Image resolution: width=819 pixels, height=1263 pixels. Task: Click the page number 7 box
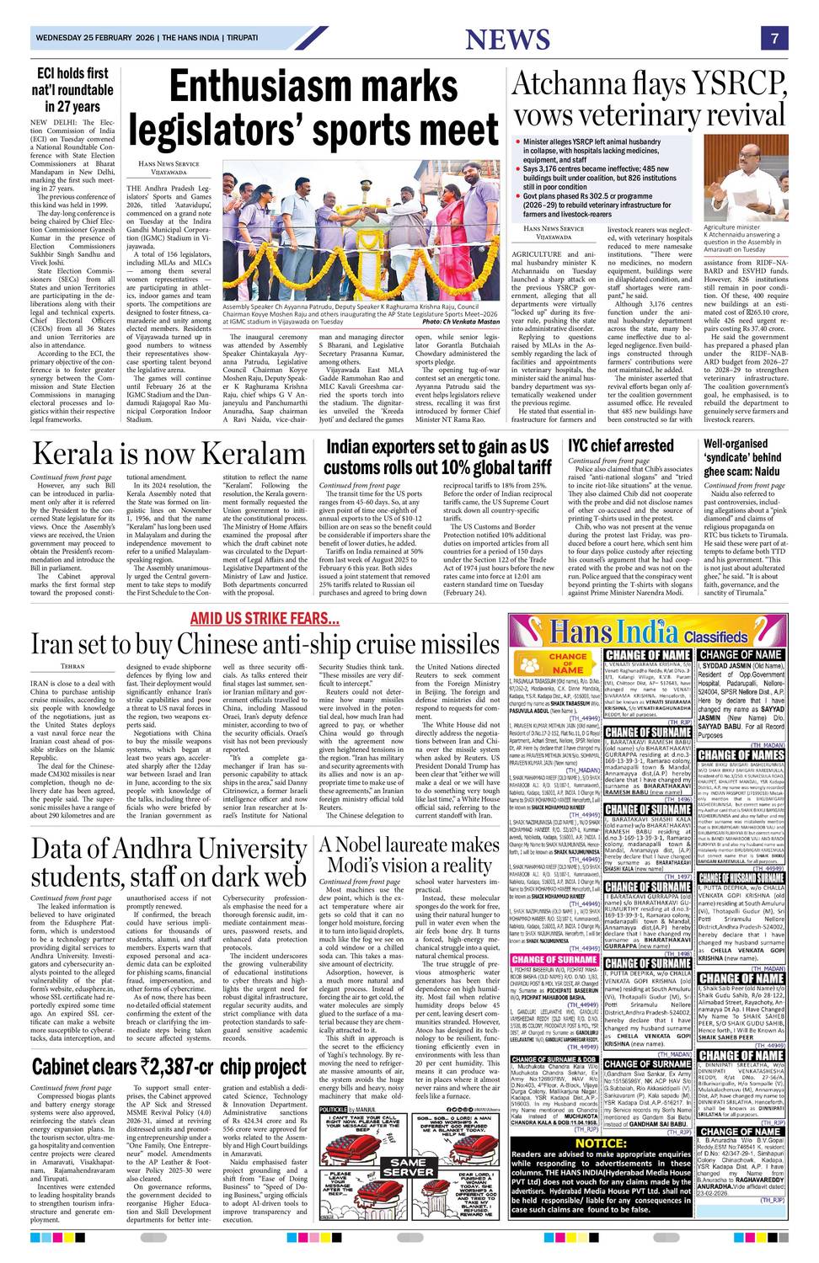[773, 39]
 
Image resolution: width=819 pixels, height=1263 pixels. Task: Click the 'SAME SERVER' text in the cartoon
[409, 1168]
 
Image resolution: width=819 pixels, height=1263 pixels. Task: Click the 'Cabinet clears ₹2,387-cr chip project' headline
[169, 1068]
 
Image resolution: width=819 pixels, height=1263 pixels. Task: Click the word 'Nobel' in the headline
[379, 845]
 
